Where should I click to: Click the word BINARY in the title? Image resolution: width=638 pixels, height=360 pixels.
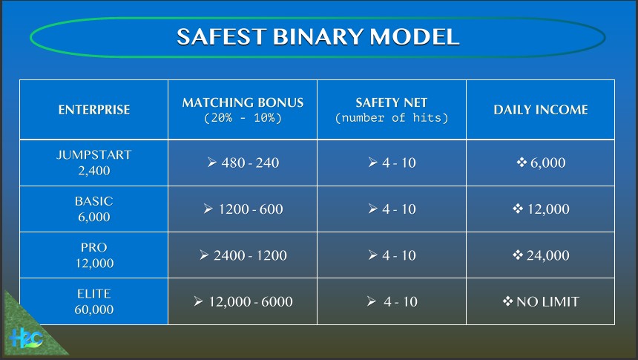coord(318,36)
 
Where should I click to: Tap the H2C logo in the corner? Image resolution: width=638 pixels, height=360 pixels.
coord(26,338)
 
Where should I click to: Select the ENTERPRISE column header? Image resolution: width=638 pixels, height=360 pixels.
coord(94,110)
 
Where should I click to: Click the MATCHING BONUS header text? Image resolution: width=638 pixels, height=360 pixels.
coord(243,102)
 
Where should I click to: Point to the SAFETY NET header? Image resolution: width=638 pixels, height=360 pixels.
coord(392,102)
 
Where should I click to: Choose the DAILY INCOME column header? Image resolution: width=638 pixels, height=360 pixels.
coord(541,110)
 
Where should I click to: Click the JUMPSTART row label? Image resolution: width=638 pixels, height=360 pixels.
coord(94,154)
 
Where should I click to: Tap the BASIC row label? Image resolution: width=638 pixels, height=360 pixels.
coord(94,201)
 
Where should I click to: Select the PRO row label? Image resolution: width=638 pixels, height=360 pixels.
coord(94,248)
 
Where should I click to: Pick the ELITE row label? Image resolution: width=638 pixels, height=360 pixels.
coord(94,294)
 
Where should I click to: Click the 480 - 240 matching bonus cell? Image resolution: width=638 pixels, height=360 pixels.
coord(250,163)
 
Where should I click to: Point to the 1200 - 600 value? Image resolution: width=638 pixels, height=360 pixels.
coord(251,209)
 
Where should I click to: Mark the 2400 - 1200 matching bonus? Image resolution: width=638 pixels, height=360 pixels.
coord(250,255)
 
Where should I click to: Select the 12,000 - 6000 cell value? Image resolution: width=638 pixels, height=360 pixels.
coord(251,302)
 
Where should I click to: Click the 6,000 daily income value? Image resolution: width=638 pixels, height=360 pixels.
coord(547,163)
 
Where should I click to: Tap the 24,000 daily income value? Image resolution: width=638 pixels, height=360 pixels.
coord(547,255)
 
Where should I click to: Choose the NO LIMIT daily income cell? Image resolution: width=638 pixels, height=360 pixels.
coord(547,302)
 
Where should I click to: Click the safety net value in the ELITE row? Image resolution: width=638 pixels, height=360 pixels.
coord(401,302)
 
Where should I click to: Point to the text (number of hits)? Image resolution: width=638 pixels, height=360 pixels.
coord(392,118)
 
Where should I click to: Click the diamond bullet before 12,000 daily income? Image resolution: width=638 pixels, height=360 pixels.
coord(518,209)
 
